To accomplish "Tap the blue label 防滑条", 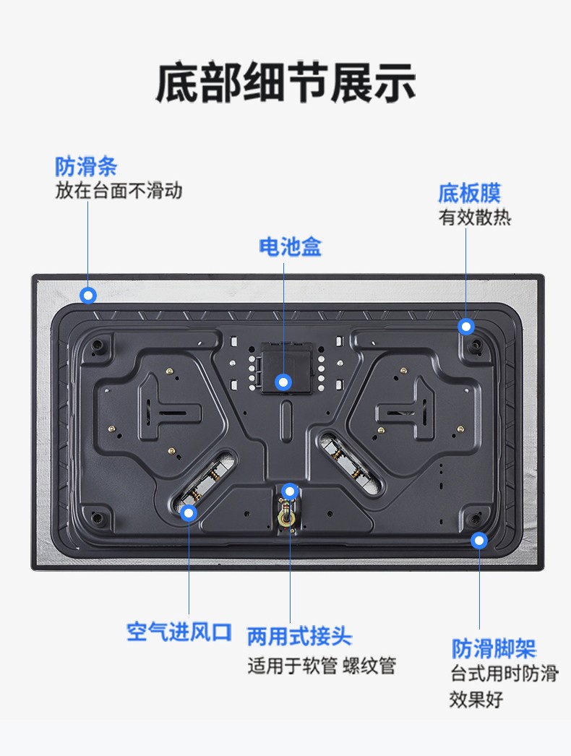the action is pyautogui.click(x=86, y=166).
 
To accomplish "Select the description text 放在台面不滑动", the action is pyautogui.click(x=119, y=191).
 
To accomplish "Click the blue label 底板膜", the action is pyautogui.click(x=469, y=194).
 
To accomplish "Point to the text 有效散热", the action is pyautogui.click(x=475, y=217).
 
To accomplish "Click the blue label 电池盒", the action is pyautogui.click(x=290, y=246).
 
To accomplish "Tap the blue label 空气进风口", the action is pyautogui.click(x=179, y=632).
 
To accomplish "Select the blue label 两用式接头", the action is pyautogui.click(x=299, y=637).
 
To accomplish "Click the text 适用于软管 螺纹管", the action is pyautogui.click(x=322, y=666).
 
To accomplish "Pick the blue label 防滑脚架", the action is pyautogui.click(x=494, y=648).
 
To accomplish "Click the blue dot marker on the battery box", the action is pyautogui.click(x=283, y=382).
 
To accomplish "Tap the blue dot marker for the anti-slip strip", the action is pyautogui.click(x=87, y=295).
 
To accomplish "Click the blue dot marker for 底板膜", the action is pyautogui.click(x=466, y=327).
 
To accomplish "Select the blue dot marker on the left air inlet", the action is pyautogui.click(x=189, y=512).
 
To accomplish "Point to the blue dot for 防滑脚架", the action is pyautogui.click(x=479, y=541).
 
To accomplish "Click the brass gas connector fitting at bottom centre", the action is pyautogui.click(x=288, y=515).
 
